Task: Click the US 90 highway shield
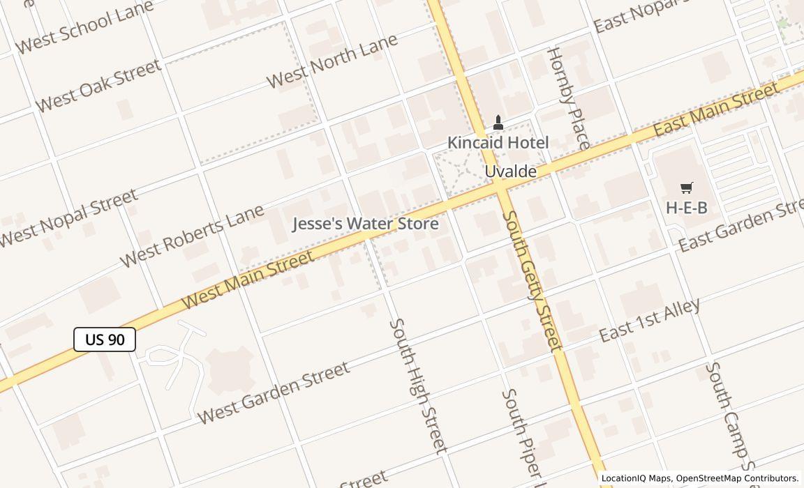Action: [105, 340]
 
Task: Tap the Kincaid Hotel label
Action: [498, 142]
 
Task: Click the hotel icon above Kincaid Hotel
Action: [498, 123]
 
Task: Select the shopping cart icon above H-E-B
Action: [686, 188]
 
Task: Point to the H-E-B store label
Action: [686, 207]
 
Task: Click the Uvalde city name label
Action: [511, 171]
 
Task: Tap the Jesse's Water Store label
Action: [365, 224]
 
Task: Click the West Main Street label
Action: [248, 280]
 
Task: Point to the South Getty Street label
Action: [531, 280]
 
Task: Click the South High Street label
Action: [417, 386]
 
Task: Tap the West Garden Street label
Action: [273, 392]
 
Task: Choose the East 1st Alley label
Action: [650, 319]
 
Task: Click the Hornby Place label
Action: [567, 98]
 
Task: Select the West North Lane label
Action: [332, 60]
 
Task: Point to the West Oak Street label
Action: [98, 86]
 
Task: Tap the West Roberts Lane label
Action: [192, 235]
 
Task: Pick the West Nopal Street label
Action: [68, 218]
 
